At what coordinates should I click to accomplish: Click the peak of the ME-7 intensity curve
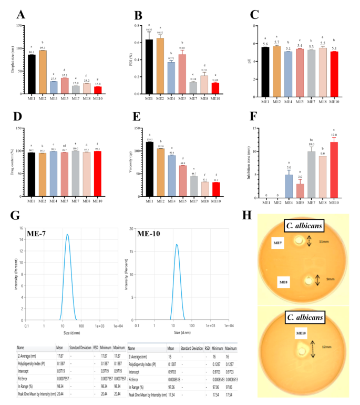[x=67, y=235]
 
